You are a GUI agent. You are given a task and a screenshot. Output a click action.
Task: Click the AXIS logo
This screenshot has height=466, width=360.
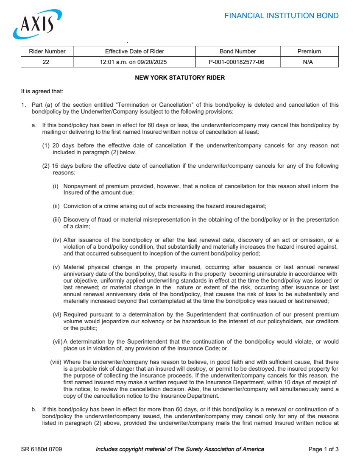(x=37, y=25)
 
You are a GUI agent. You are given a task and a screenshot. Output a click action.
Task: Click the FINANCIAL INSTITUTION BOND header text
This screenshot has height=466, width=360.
(x=281, y=16)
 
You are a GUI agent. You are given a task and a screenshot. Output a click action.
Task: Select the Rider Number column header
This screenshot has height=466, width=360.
(x=47, y=51)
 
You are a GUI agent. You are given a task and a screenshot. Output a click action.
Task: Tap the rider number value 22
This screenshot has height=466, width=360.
(x=46, y=62)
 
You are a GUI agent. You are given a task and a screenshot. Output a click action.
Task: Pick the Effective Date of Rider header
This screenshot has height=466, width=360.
(x=134, y=51)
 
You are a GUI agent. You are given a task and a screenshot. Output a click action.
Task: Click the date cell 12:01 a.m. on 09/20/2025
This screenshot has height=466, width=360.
(x=134, y=62)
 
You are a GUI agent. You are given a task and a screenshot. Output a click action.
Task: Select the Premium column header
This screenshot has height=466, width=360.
(x=309, y=51)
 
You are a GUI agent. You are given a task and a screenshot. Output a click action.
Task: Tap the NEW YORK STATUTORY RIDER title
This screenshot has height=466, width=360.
(x=180, y=78)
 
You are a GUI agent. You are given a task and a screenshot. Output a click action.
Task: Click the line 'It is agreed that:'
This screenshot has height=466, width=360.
(x=42, y=91)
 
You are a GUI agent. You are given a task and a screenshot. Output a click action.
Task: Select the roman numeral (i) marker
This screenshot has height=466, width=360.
(x=56, y=186)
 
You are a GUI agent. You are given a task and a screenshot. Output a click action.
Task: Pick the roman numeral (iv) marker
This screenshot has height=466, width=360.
(x=57, y=240)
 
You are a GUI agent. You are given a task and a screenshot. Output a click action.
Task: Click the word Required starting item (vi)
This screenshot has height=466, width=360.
(x=76, y=314)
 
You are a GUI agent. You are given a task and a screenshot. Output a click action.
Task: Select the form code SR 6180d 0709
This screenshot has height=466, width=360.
(x=42, y=449)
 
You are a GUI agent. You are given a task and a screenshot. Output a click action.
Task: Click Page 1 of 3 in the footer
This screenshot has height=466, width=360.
(x=323, y=449)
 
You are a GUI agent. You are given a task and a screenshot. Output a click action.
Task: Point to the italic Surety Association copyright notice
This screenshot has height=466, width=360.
(x=180, y=449)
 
